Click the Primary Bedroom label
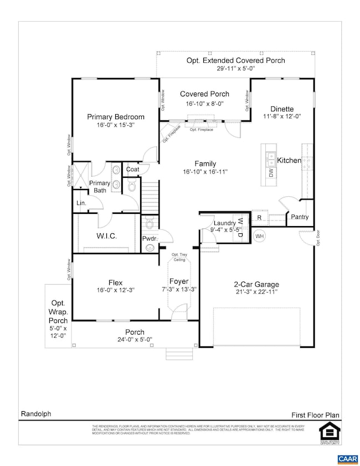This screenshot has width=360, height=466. coord(116,117)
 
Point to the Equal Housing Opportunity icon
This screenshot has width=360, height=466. coord(330,431)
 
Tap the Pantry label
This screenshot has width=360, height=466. coord(300,217)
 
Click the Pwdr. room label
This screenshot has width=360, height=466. coord(149,239)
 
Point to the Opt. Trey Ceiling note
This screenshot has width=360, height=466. coord(179,258)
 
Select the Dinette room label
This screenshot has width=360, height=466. coord(282,109)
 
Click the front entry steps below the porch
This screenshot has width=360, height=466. coord(177,354)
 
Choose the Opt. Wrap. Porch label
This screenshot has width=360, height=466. coord(58,313)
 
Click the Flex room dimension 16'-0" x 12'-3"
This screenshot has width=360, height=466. coord(116,290)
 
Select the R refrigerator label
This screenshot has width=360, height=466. coord(259,218)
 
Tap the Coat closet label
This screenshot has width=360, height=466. coord(132,170)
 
